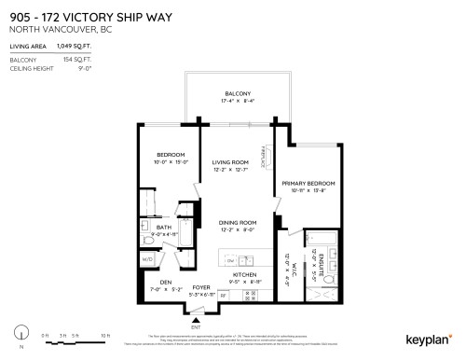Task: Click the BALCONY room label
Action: coord(237,94)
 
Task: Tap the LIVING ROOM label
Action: coord(229,161)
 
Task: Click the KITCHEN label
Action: coord(244,274)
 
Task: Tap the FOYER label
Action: coord(202,287)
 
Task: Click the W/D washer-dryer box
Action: coord(147,258)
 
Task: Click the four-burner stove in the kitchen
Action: coord(250,295)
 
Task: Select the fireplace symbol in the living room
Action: coord(265,155)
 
